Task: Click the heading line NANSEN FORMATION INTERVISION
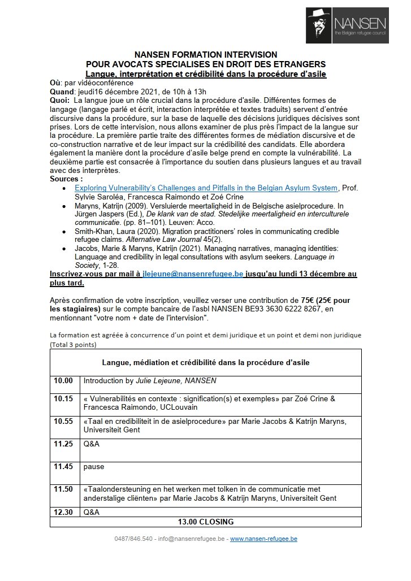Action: pyautogui.click(x=205, y=55)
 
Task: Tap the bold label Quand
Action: pyautogui.click(x=62, y=92)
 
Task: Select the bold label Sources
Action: pyautogui.click(x=67, y=178)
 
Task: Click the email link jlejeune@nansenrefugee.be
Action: pyautogui.click(x=193, y=273)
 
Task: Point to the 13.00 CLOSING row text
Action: pyautogui.click(x=206, y=522)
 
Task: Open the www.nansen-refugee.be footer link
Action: pyautogui.click(x=263, y=539)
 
